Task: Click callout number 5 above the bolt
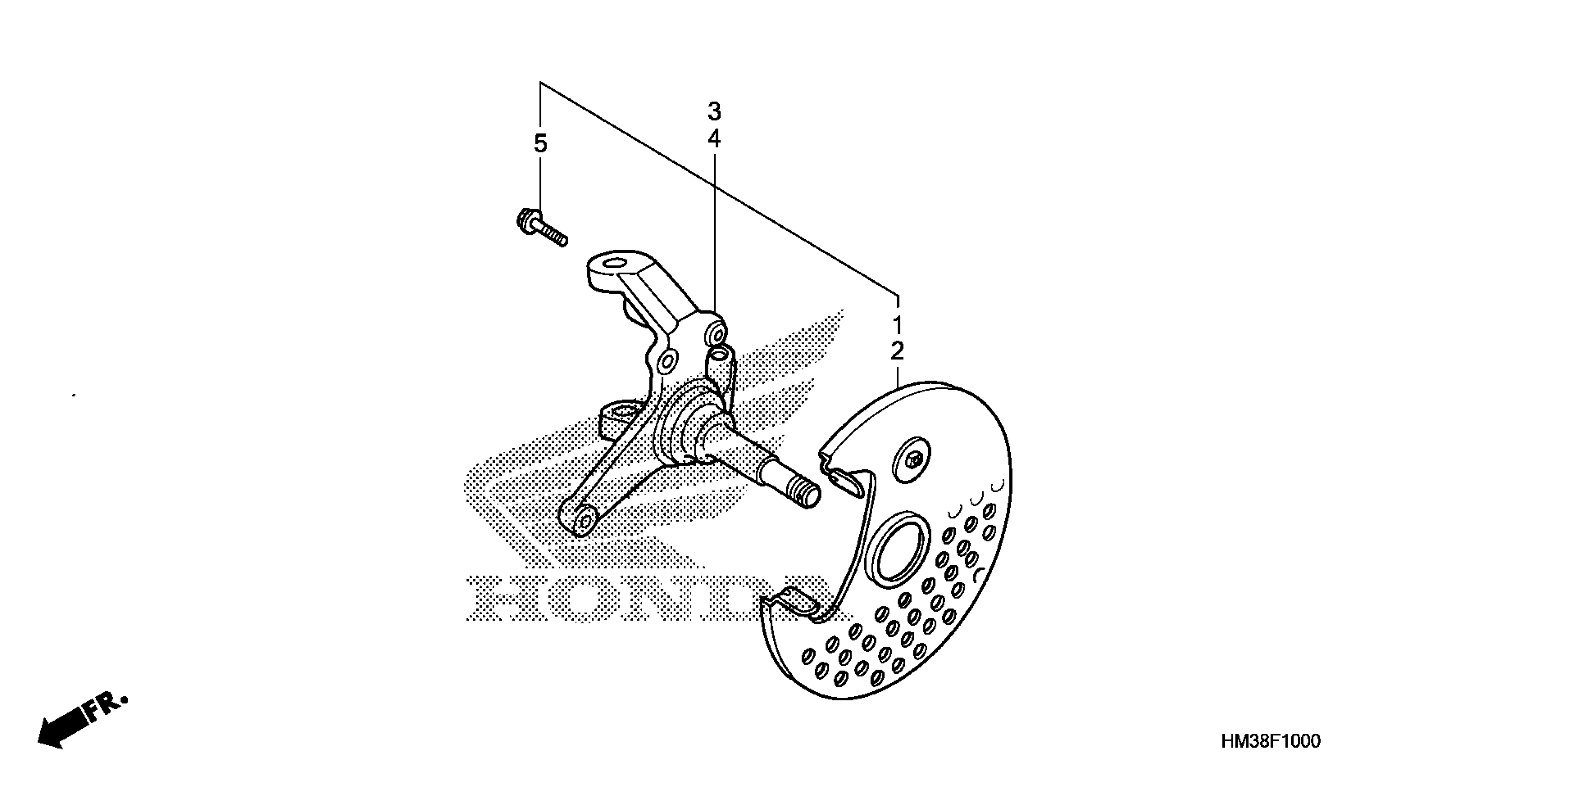click(x=540, y=144)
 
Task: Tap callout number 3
click(x=714, y=112)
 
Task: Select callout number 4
click(x=714, y=139)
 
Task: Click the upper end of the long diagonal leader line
click(x=540, y=83)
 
